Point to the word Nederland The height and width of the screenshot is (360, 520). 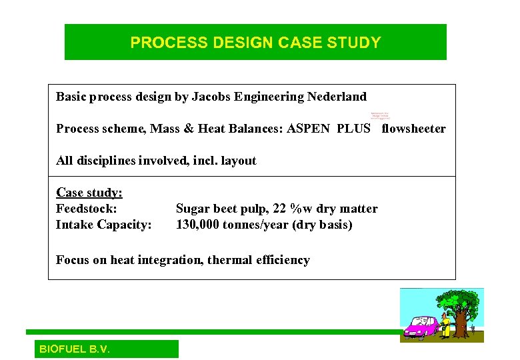tap(337, 97)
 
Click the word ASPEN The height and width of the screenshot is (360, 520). tap(308, 129)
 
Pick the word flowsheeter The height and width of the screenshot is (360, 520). tap(413, 129)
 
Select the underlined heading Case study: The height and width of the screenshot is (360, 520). tap(89, 193)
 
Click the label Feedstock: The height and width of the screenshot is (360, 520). tap(87, 209)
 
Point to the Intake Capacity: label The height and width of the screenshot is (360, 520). tap(103, 225)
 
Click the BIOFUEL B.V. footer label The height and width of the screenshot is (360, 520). tap(75, 349)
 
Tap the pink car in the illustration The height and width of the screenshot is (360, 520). tap(419, 327)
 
